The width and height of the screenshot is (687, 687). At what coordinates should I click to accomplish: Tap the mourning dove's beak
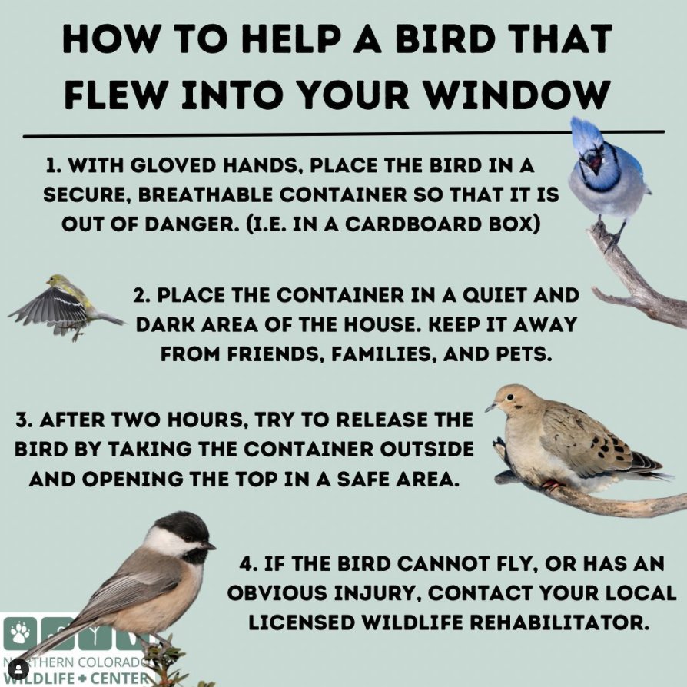[490, 407]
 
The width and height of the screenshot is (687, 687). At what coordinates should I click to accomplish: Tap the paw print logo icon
[19, 632]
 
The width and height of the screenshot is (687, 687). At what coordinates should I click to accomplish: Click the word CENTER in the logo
[115, 678]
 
